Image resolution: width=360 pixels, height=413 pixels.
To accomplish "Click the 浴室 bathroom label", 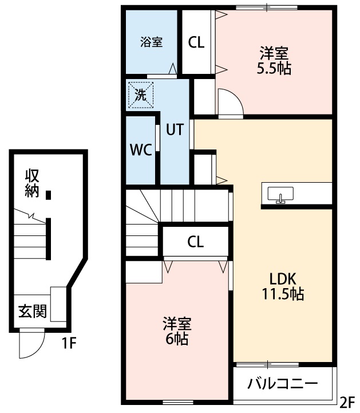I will [x=152, y=42].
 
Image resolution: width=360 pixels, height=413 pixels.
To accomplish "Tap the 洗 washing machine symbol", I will [x=141, y=95].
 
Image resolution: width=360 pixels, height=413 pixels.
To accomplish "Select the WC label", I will [x=140, y=150].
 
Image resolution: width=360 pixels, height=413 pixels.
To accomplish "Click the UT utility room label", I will [x=175, y=129].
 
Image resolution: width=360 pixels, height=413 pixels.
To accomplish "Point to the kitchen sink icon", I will [x=280, y=195].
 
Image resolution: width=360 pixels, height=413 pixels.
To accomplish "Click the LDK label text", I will [x=282, y=280].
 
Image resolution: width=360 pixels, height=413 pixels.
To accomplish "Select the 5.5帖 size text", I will [x=274, y=69].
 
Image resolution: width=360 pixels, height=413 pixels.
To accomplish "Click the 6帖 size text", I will [x=176, y=339].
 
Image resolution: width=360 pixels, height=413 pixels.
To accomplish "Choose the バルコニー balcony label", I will [x=282, y=384].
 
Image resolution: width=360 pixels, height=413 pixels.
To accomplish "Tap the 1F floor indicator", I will [x=69, y=344].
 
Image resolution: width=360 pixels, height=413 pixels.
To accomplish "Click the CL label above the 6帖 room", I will [x=195, y=242].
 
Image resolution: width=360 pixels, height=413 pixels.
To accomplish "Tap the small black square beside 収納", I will [x=49, y=195].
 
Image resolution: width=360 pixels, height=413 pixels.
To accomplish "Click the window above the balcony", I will [x=267, y=364].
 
